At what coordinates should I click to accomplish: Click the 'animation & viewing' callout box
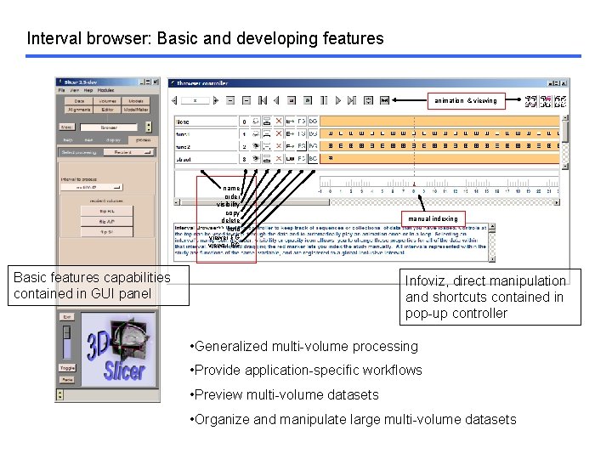465,100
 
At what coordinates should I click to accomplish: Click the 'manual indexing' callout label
433,218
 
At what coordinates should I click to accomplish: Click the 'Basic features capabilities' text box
93,286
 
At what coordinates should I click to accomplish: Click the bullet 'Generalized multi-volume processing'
294,346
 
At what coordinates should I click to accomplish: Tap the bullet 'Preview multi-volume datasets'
286,394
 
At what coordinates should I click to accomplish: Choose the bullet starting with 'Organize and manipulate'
354,419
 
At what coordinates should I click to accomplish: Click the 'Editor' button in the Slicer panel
107,109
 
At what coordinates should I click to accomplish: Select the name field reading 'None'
204,122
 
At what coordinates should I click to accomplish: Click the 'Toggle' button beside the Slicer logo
67,368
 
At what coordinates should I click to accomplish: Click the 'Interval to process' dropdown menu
91,186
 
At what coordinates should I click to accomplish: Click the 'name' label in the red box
231,189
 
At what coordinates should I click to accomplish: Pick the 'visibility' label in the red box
228,205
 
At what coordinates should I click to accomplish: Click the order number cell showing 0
245,122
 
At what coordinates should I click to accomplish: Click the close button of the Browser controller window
564,83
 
